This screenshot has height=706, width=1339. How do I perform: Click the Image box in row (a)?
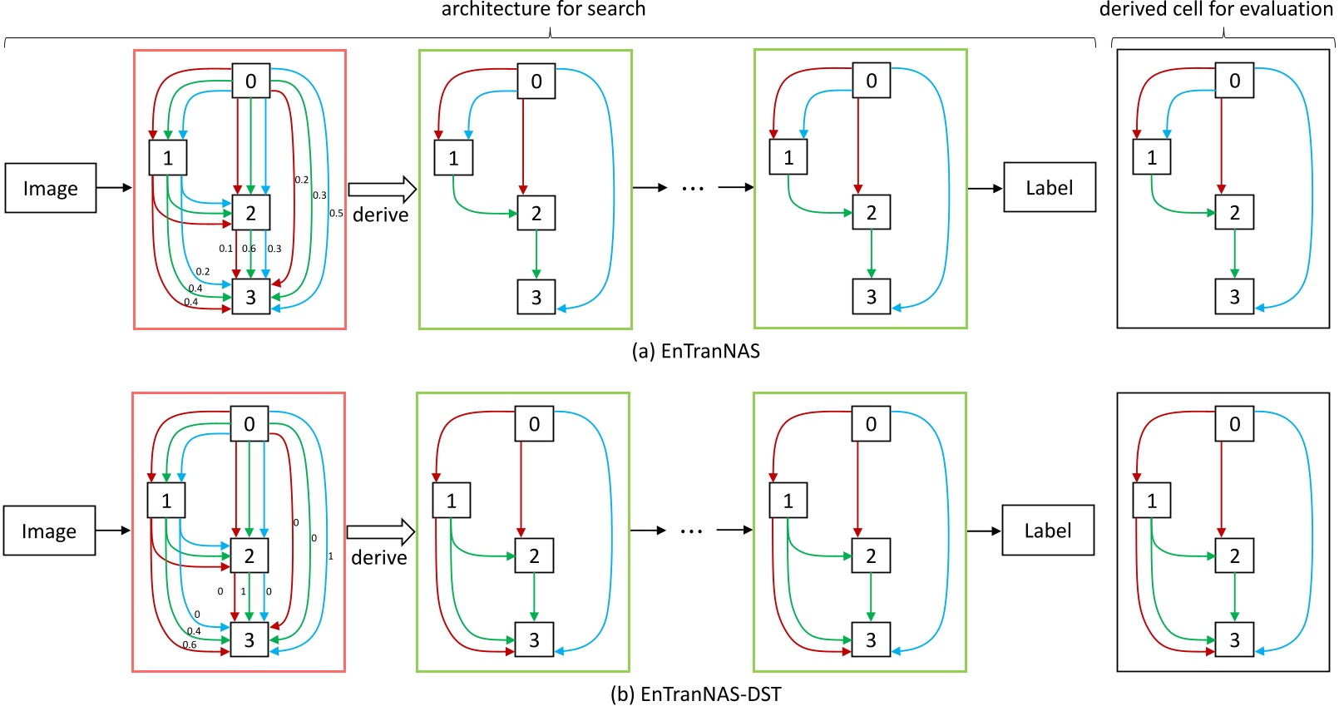(51, 188)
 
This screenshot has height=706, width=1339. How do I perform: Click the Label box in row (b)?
(1047, 531)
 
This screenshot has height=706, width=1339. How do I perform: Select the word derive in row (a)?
(380, 215)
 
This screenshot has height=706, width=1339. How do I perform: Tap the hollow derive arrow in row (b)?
(380, 531)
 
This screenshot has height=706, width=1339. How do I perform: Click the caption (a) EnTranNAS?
(695, 351)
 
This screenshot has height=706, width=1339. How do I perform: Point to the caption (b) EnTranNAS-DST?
(695, 694)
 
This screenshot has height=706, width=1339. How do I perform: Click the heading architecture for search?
(543, 9)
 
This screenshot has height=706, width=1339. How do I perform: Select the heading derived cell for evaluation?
(1216, 9)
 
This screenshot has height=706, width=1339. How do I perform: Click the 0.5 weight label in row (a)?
(336, 213)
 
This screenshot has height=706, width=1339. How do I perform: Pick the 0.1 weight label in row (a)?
(225, 249)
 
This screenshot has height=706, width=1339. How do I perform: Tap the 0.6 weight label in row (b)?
(190, 644)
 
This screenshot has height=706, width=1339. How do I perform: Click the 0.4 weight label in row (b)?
(194, 631)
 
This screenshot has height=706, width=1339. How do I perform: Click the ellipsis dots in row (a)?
(693, 189)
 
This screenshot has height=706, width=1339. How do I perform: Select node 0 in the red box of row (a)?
(250, 81)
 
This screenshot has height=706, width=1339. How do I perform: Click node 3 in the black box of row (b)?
(1234, 639)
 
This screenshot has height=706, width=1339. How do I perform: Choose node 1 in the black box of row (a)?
(1151, 157)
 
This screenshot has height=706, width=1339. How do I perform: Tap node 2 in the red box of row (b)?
(249, 555)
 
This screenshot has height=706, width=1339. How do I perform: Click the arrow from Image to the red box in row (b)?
(113, 531)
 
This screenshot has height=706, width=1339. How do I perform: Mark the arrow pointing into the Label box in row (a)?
(985, 189)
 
